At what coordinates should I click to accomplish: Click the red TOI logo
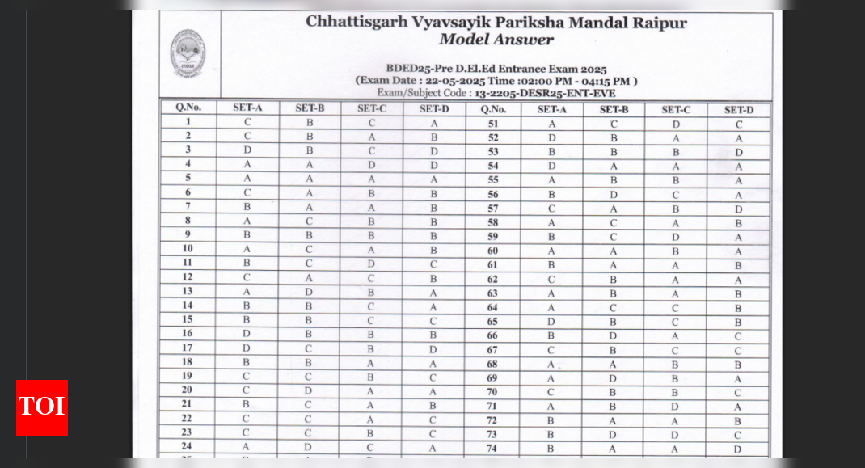click(x=42, y=407)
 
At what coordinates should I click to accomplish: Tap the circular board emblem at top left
click(x=187, y=53)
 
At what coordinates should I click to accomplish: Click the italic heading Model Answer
click(x=496, y=40)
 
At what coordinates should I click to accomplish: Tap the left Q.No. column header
click(x=188, y=108)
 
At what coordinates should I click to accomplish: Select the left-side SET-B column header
click(x=310, y=108)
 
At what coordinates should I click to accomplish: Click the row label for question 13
click(x=188, y=291)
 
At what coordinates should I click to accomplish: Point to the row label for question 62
click(x=492, y=280)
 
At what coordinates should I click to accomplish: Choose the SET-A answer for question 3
click(x=247, y=150)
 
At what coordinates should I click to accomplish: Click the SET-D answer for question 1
click(x=434, y=123)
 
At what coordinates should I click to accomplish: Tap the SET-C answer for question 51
click(x=676, y=124)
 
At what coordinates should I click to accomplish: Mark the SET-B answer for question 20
click(x=309, y=390)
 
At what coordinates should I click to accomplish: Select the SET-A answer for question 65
click(x=551, y=322)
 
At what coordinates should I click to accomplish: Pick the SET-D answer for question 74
click(x=737, y=449)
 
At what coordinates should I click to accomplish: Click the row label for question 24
click(x=188, y=445)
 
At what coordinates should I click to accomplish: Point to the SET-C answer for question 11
click(x=371, y=264)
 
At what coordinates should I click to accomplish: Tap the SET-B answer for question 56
click(x=614, y=195)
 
